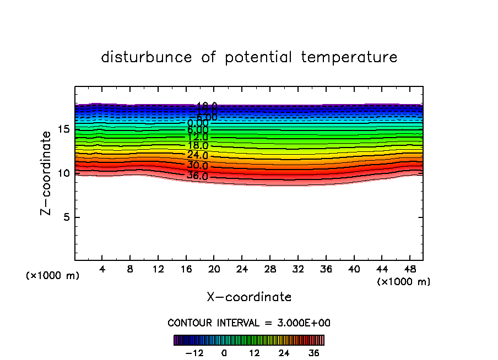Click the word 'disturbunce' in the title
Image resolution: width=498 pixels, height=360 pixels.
tap(147, 57)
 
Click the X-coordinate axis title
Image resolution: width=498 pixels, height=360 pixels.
tap(249, 297)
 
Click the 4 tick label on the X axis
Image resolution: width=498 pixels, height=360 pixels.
tap(102, 269)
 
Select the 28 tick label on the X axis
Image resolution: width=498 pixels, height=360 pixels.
tap(270, 269)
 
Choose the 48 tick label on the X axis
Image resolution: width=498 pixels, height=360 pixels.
tap(410, 269)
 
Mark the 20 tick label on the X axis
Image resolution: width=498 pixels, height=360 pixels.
tap(214, 269)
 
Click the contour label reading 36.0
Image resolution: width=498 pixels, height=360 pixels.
tap(197, 176)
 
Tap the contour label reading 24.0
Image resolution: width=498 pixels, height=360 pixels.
tap(197, 155)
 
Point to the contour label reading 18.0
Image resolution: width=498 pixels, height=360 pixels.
tap(197, 146)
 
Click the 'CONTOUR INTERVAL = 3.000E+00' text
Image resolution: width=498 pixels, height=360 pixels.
tap(249, 323)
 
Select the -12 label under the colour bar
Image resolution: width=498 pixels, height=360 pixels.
tap(197, 353)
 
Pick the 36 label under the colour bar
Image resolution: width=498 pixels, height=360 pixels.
tap(315, 353)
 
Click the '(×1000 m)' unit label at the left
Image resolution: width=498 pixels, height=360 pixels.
tap(53, 276)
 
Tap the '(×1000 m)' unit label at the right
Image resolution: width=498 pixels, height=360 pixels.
tap(404, 282)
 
